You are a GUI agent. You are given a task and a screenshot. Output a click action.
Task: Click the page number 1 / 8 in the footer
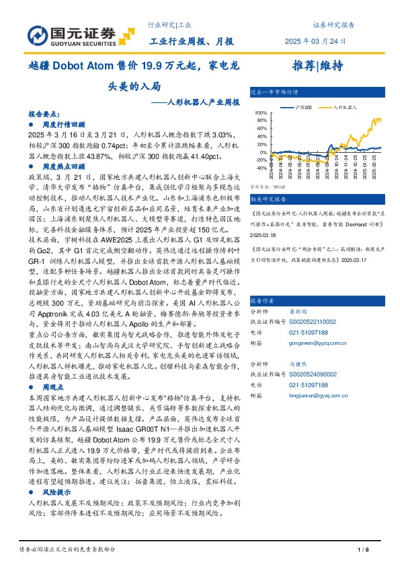point(364,550)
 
